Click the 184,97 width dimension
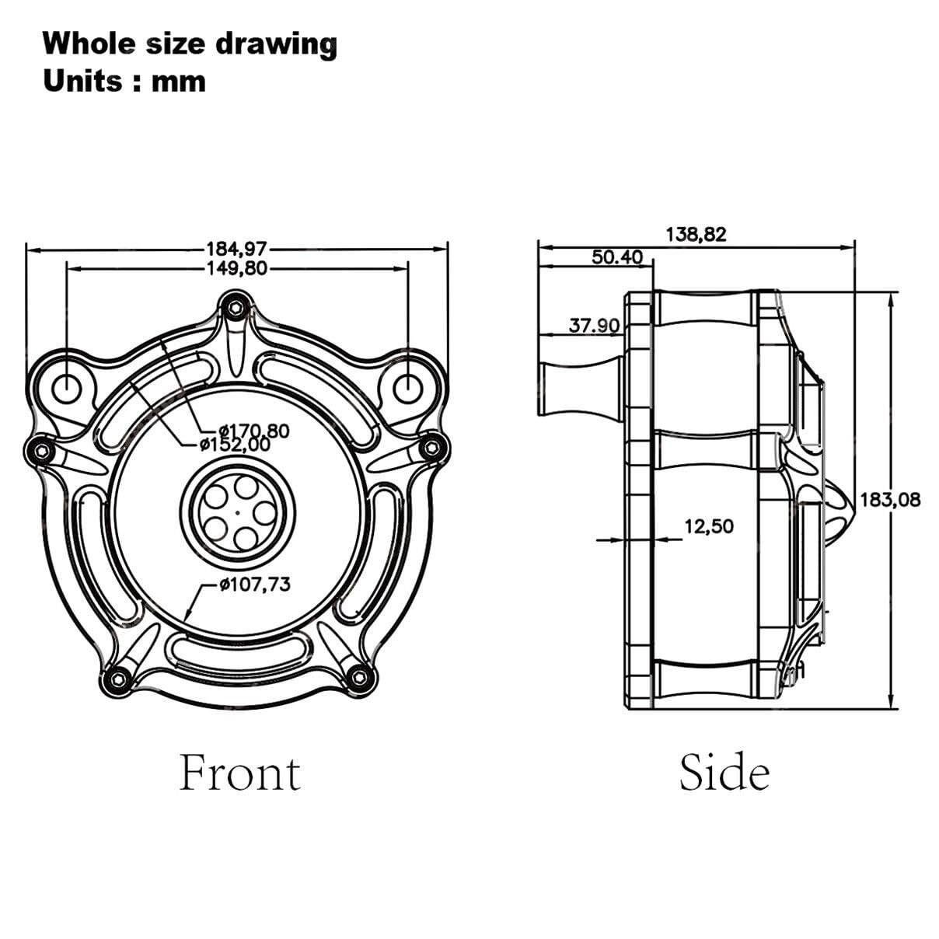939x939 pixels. pyautogui.click(x=237, y=250)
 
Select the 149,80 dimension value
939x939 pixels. pyautogui.click(x=237, y=268)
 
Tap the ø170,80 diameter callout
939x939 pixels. pyautogui.click(x=254, y=431)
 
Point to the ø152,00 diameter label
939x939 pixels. pyautogui.click(x=235, y=445)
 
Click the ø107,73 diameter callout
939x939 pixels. pyautogui.click(x=255, y=583)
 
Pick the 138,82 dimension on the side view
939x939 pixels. pyautogui.click(x=696, y=235)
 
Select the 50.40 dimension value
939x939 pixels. pyautogui.click(x=617, y=257)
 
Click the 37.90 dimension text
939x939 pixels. pyautogui.click(x=594, y=325)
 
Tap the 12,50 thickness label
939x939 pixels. pyautogui.click(x=709, y=526)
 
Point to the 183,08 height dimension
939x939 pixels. pyautogui.click(x=890, y=500)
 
